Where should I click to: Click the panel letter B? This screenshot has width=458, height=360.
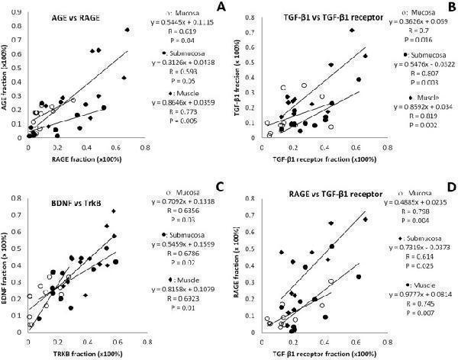coord(450,7)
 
